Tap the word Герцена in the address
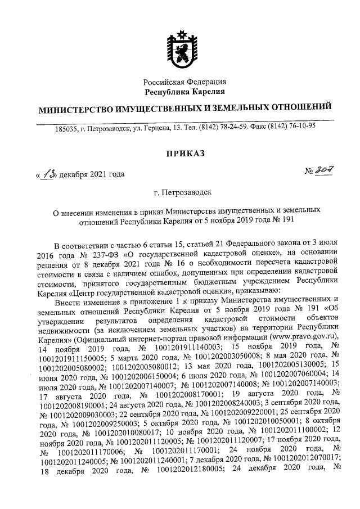click(x=157, y=128)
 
